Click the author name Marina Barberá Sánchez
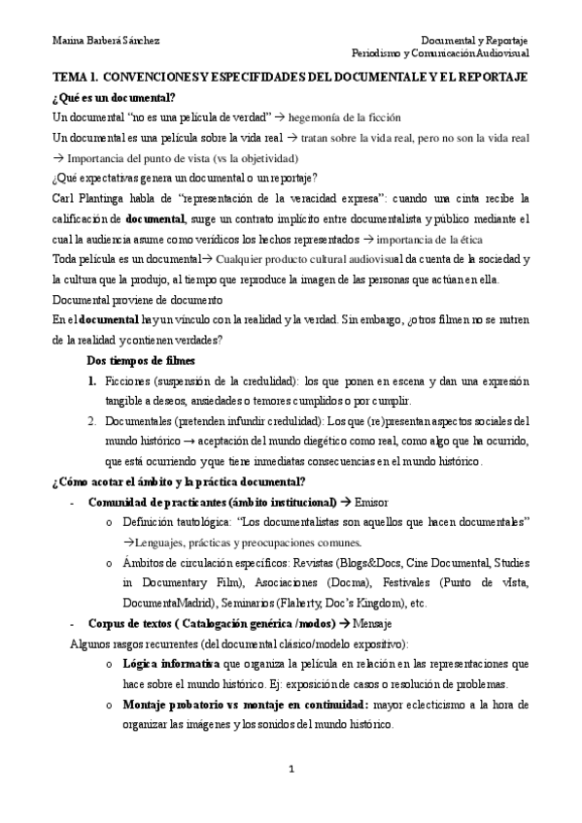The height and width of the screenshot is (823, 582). (x=106, y=40)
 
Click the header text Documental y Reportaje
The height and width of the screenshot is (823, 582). (x=474, y=40)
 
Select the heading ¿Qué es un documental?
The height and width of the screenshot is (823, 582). (x=114, y=97)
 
